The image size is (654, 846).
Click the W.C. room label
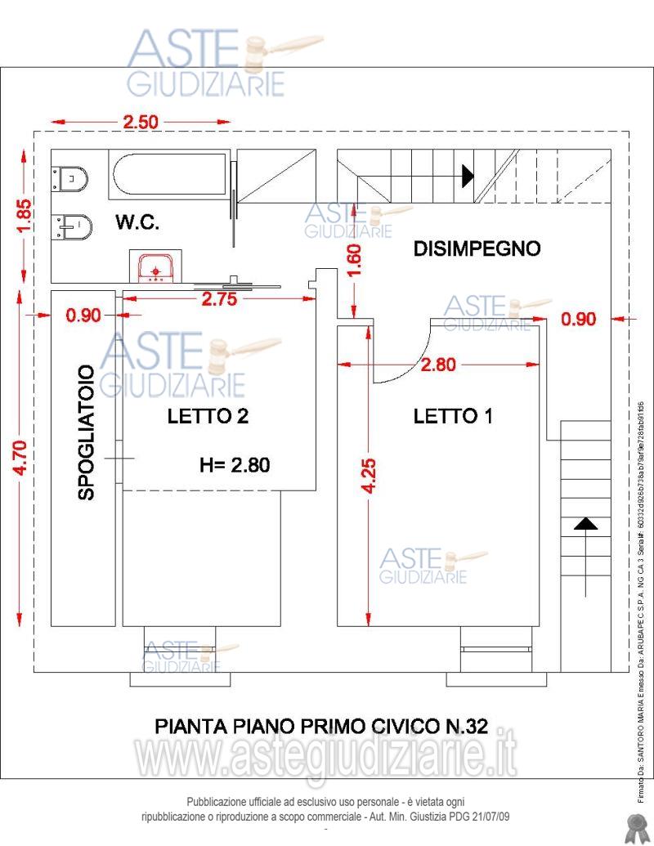click(x=137, y=222)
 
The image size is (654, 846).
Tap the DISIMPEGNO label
click(x=477, y=248)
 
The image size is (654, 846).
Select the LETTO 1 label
click(x=453, y=416)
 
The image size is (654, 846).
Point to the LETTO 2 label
click(x=208, y=416)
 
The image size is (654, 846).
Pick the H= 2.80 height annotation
click(x=235, y=465)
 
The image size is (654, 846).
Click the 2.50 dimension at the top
click(x=141, y=123)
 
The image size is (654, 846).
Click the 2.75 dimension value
click(x=218, y=299)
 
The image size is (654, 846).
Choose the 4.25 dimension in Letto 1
click(x=369, y=475)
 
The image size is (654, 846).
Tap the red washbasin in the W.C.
click(x=154, y=268)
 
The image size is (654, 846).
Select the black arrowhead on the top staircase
click(x=468, y=175)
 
